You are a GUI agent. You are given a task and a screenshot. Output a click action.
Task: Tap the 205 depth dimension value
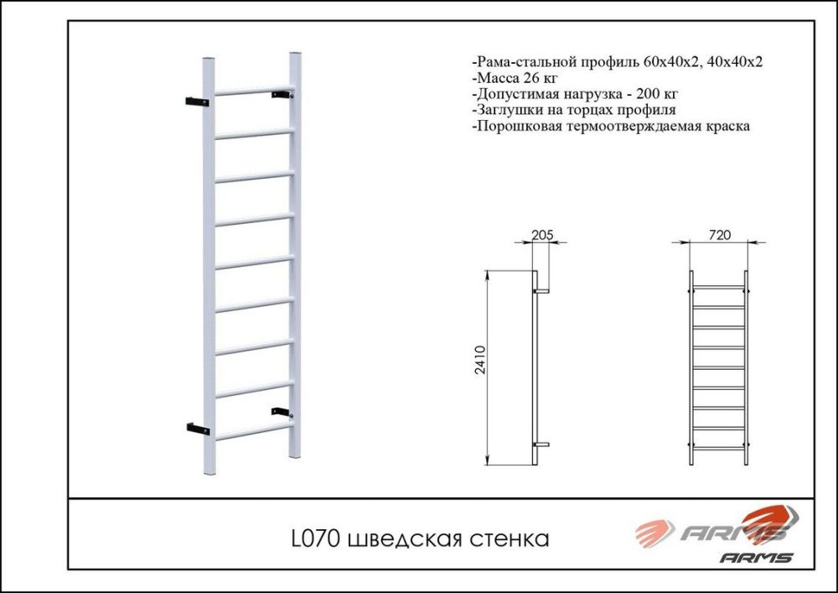point(542,235)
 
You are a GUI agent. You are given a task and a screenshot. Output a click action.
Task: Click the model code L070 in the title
point(314,538)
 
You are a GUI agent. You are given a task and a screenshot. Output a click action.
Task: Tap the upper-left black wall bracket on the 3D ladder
point(196,101)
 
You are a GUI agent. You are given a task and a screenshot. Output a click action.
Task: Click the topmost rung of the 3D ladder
point(251,91)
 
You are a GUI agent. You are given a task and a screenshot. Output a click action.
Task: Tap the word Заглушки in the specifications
point(507,111)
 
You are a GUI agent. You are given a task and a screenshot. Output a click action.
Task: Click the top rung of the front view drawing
point(718,288)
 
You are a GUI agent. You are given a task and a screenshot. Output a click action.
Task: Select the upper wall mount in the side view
point(542,291)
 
